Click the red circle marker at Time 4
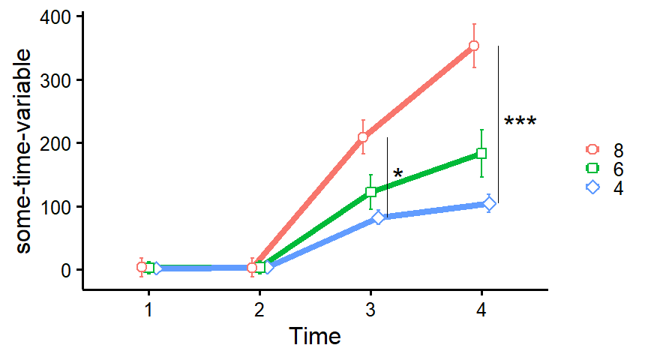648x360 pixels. [x=474, y=46]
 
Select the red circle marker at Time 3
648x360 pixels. [x=363, y=137]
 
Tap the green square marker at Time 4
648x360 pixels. [x=481, y=153]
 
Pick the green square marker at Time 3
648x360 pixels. [x=370, y=192]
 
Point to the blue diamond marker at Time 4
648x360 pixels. [x=489, y=204]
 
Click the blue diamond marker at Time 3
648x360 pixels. [x=379, y=217]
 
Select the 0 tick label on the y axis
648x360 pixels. [x=67, y=270]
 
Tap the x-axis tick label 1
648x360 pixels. [x=149, y=309]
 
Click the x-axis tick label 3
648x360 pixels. [x=370, y=309]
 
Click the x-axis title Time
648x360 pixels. [x=315, y=335]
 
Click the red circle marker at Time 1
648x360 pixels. [x=142, y=267]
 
